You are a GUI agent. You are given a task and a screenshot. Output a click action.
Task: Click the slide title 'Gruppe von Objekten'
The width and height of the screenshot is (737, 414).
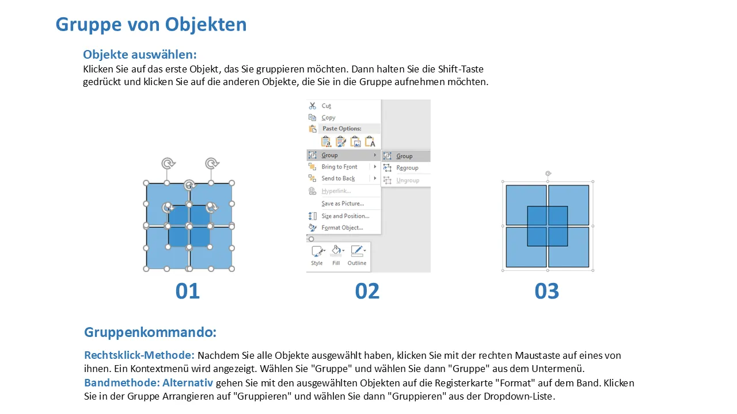151,25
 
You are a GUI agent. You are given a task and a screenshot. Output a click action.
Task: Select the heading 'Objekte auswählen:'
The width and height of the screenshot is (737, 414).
140,55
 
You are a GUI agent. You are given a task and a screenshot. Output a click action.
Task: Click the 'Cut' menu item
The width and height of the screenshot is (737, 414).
326,106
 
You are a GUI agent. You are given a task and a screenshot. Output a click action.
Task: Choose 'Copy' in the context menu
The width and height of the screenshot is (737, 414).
328,118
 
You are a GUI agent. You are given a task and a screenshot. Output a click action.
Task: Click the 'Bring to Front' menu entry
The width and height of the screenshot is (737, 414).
339,167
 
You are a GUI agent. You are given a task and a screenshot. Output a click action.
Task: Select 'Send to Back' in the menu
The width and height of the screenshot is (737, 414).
338,178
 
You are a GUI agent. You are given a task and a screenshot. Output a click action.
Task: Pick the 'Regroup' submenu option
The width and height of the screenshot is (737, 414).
407,168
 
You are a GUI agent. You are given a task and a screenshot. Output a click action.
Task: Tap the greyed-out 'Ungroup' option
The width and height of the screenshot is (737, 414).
408,181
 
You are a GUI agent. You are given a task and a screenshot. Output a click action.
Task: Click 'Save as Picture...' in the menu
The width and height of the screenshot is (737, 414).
343,204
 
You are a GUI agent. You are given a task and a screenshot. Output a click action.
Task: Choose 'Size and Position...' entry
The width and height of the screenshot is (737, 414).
345,216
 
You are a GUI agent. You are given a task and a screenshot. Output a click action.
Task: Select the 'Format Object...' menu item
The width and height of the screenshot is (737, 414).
342,228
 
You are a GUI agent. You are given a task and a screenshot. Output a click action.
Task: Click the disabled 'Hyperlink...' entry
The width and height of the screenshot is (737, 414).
336,191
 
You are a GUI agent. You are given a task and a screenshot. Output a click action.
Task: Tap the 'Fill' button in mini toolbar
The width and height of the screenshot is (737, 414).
336,255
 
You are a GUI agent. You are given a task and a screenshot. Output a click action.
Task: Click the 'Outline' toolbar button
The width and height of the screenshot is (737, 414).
357,255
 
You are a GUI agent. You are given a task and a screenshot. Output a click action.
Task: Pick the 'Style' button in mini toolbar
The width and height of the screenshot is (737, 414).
317,255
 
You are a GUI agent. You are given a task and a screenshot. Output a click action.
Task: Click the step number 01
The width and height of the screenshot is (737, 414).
188,291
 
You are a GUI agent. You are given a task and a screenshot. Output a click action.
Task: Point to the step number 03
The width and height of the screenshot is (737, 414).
547,291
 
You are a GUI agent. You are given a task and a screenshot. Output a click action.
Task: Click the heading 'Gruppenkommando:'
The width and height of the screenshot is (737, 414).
150,332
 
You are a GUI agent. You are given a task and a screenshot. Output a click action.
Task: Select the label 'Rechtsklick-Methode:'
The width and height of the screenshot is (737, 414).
139,355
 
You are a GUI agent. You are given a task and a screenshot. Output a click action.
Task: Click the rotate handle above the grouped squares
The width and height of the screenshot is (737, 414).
548,174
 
